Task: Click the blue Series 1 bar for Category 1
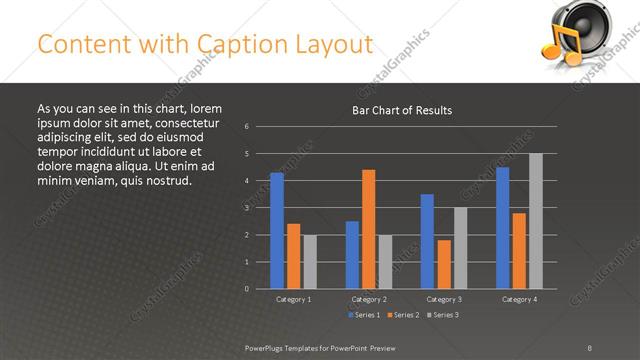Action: [277, 231]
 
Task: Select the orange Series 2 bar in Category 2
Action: [368, 229]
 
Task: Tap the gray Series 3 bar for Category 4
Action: [536, 221]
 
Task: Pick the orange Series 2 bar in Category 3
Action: [444, 264]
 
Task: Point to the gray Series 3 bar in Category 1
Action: [310, 262]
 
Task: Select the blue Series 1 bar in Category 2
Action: [352, 255]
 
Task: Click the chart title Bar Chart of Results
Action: [402, 110]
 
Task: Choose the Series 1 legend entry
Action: [364, 315]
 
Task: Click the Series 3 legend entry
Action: [442, 315]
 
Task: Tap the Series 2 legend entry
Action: [403, 315]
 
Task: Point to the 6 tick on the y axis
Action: [246, 127]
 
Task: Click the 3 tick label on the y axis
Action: [246, 208]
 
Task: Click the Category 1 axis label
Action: [293, 299]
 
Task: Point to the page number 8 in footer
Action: [590, 347]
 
